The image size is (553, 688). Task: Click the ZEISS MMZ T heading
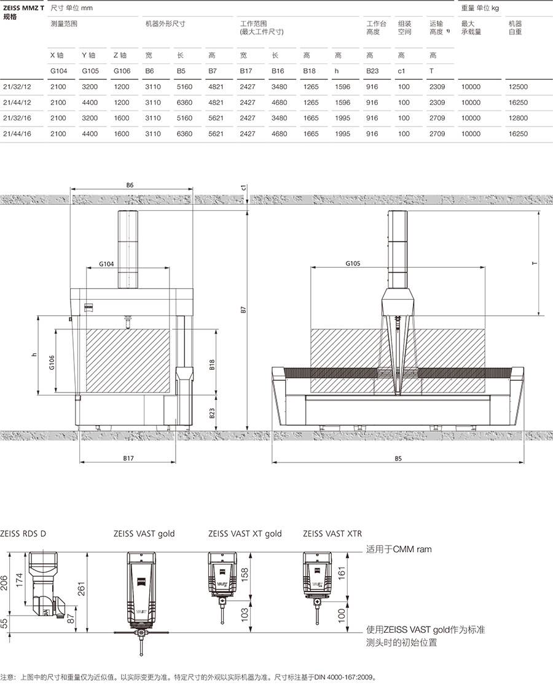[24, 8]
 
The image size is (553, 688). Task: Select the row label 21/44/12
[17, 102]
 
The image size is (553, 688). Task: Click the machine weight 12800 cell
[519, 118]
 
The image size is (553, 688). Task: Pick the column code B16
[278, 71]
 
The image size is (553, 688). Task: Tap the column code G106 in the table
[122, 71]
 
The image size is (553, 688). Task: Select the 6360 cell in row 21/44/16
[184, 134]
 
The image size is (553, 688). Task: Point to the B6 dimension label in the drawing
[130, 185]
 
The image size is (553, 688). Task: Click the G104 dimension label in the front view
[106, 264]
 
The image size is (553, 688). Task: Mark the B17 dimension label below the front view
[128, 458]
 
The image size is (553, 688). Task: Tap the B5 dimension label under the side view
[398, 458]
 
